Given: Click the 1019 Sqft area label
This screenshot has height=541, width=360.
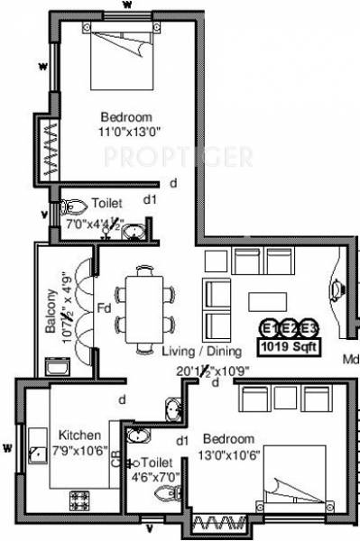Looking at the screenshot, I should click(288, 345).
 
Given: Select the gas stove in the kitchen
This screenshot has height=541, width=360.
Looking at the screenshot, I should click(78, 499).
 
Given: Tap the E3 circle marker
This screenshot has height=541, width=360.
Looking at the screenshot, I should click(309, 327).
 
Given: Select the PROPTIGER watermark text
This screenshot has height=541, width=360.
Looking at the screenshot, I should click(177, 158).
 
